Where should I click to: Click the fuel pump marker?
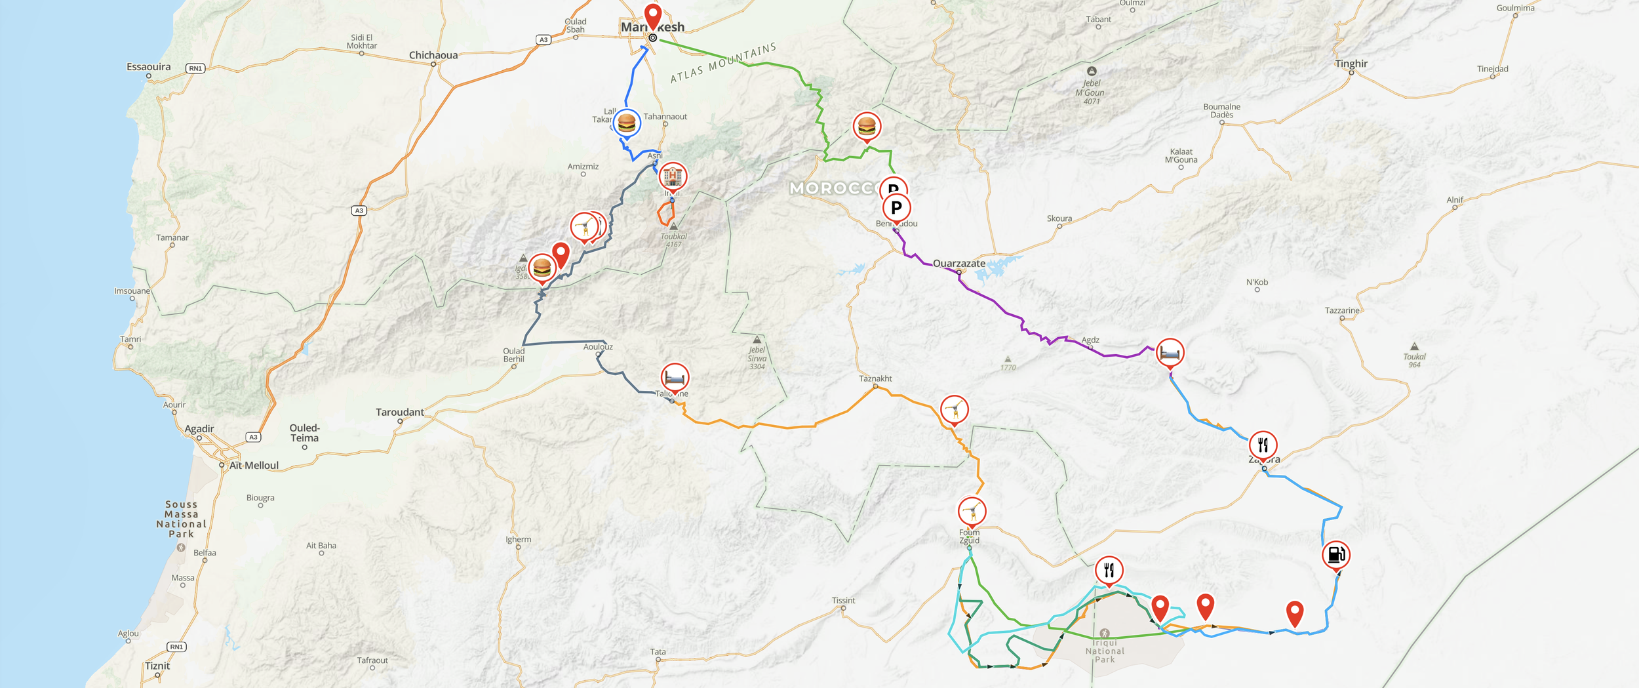point(1335,555)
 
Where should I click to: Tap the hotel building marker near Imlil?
point(672,176)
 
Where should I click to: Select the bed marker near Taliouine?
point(675,378)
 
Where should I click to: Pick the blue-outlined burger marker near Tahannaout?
point(627,123)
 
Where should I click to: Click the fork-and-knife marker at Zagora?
point(1263,445)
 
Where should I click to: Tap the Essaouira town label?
point(148,67)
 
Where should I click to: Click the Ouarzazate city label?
point(958,263)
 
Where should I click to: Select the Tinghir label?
point(1351,64)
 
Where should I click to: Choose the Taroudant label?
point(399,412)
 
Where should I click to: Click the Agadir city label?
point(199,428)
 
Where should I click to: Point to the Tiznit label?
point(157,666)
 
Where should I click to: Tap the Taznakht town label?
point(875,378)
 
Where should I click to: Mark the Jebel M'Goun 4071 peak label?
point(1090,92)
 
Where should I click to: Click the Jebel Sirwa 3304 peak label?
point(757,358)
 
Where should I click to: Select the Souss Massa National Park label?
point(181,519)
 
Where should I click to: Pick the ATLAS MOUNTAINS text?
point(722,63)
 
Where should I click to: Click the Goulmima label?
point(1515,8)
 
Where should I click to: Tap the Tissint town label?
point(843,600)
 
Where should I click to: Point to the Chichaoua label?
point(433,55)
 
